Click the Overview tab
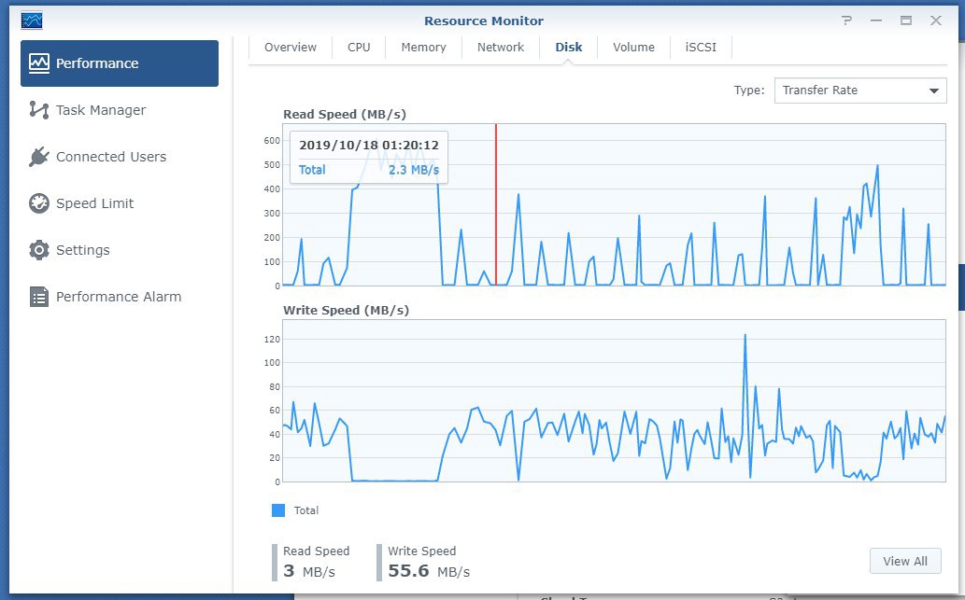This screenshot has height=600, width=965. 290,48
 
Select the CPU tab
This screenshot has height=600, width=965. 359,48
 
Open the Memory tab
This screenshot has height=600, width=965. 423,48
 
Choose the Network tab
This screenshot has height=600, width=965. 501,48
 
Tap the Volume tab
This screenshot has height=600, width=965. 633,48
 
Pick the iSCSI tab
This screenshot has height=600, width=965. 701,48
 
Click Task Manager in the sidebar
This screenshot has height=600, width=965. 101,110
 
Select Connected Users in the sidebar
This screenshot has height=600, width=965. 111,157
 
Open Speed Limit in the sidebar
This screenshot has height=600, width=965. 94,203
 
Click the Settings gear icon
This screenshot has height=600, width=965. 39,250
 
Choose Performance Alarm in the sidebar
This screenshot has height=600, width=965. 118,297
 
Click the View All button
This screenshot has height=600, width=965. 904,561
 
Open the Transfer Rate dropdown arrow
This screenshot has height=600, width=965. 933,91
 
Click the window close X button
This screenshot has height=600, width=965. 935,21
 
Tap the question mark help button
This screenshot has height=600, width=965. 847,21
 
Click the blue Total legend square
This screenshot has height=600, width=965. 278,510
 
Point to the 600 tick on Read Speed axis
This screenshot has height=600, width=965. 272,140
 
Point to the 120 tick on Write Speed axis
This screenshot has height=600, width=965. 272,340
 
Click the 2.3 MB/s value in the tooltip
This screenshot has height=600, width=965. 414,170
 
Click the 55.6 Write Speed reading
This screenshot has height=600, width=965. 408,571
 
